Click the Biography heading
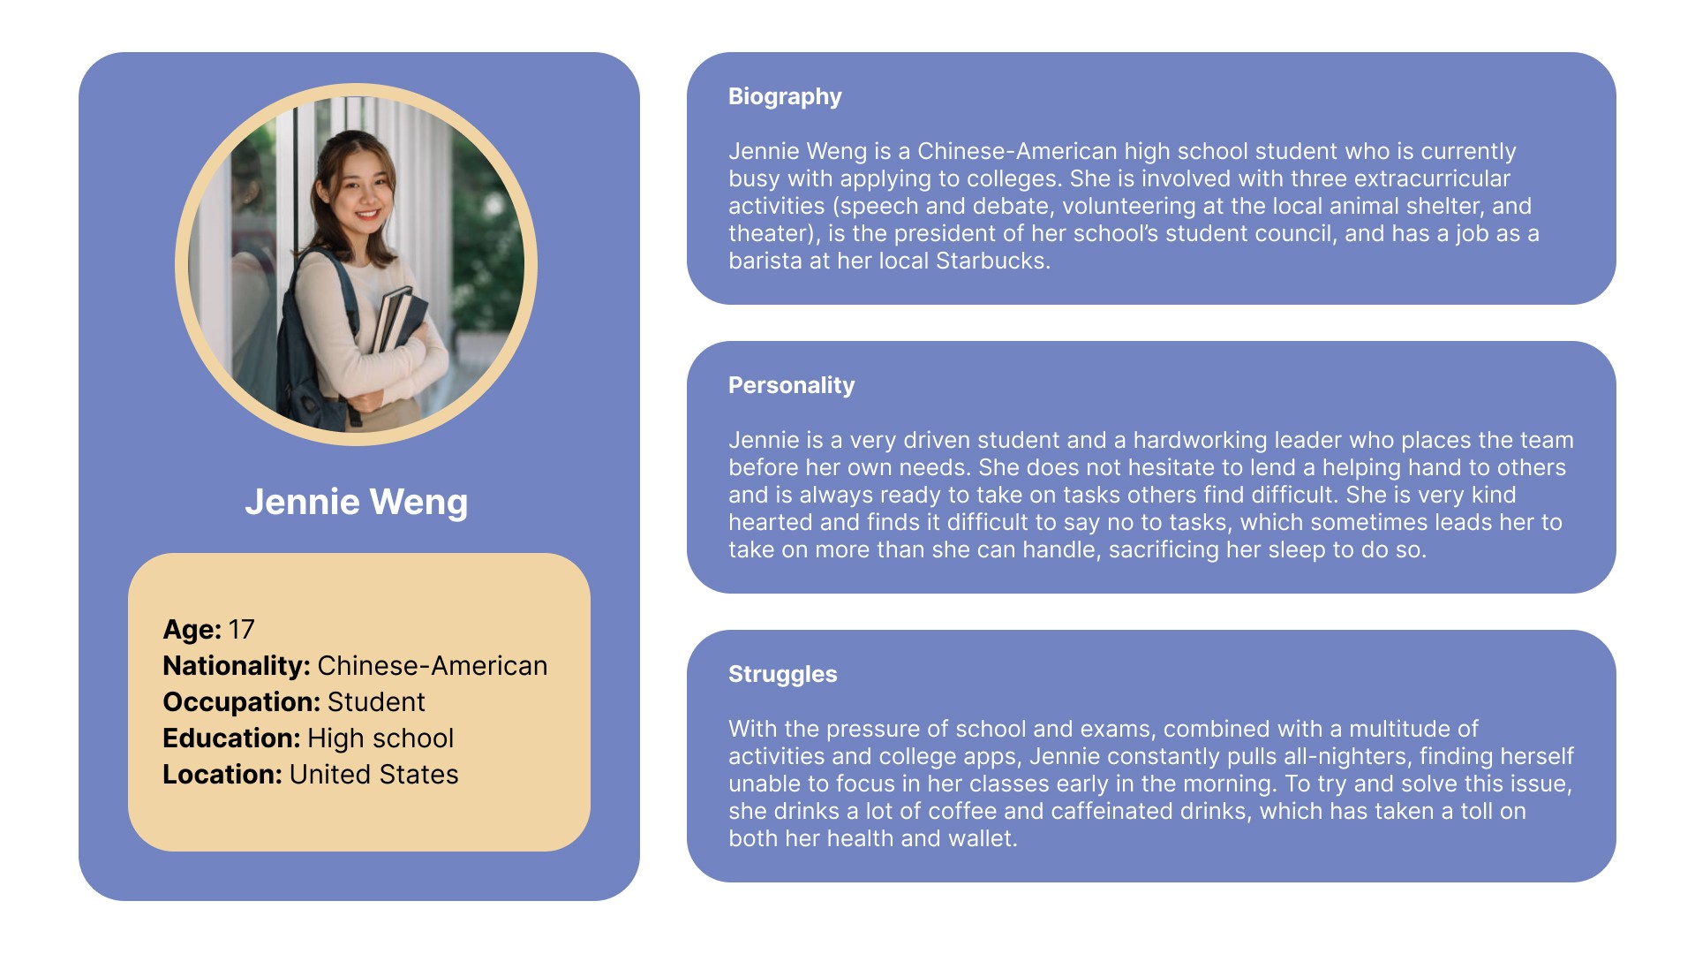click(785, 97)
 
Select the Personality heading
click(791, 386)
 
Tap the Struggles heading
click(782, 675)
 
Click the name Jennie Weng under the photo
click(357, 502)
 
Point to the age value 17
click(241, 630)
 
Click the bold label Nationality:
click(237, 666)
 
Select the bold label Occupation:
click(242, 702)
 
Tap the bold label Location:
click(222, 775)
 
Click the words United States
click(374, 775)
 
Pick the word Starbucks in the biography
click(992, 261)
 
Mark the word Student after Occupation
click(376, 702)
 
